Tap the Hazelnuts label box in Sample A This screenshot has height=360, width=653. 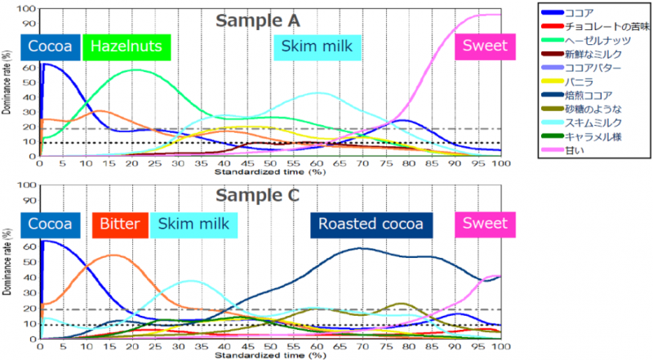click(x=127, y=47)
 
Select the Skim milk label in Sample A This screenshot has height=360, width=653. click(x=317, y=47)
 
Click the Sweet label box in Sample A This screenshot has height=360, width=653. click(x=484, y=47)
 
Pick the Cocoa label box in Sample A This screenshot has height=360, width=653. click(x=51, y=47)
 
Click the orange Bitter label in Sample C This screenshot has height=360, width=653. click(x=120, y=224)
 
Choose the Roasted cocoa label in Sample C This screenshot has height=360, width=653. click(x=371, y=224)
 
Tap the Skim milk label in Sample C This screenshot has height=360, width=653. click(x=193, y=224)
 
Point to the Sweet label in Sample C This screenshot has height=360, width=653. click(x=484, y=224)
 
